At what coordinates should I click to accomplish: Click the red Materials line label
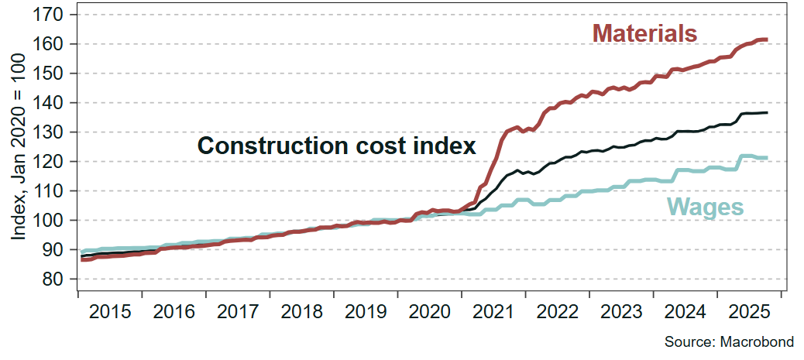coord(645,33)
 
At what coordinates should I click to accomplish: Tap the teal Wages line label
coord(705,207)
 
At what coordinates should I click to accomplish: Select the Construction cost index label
coord(336,146)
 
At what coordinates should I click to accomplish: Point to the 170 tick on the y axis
coord(53,15)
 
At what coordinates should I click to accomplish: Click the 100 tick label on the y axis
coord(53,221)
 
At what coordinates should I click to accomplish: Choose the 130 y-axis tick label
coord(53,132)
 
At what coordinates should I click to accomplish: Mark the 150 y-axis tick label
coord(53,74)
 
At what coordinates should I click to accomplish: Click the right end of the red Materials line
coord(766,39)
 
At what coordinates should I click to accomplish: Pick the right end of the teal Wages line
coord(766,158)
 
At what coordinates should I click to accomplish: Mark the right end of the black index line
coord(766,113)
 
